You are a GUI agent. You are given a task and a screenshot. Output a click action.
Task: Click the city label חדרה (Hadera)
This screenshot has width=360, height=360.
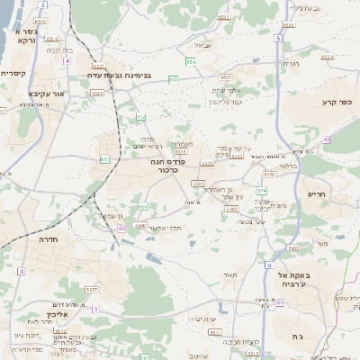pyautogui.click(x=48, y=240)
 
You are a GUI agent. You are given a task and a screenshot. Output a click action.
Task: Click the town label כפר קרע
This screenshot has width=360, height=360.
pyautogui.click(x=337, y=103)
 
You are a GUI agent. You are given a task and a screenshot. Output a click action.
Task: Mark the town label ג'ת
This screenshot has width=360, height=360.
pyautogui.click(x=297, y=336)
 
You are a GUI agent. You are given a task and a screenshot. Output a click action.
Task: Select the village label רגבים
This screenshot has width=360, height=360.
pyautogui.click(x=290, y=64)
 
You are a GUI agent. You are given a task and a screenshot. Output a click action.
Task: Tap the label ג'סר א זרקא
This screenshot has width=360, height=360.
pyautogui.click(x=19, y=36)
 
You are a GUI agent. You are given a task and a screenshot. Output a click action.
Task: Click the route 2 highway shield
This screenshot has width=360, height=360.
pyautogui.click(x=42, y=4)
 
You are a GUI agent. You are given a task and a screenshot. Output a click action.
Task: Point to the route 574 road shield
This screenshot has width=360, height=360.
pyautogui.click(x=262, y=191)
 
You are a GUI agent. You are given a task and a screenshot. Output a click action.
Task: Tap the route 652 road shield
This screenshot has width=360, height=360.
pyautogui.click(x=140, y=117)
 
